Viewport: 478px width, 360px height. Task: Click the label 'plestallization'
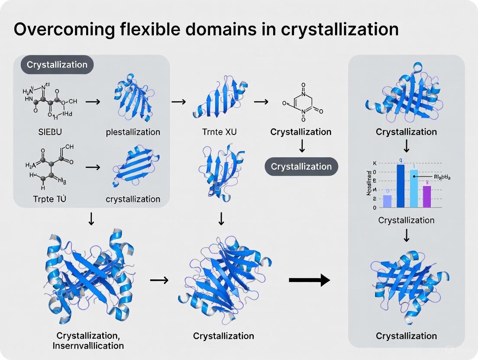click(x=133, y=132)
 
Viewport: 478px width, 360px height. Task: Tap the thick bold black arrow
click(x=309, y=280)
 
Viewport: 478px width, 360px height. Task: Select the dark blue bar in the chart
click(x=400, y=186)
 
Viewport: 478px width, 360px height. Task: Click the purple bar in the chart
click(x=426, y=196)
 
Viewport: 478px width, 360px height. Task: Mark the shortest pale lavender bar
click(x=388, y=201)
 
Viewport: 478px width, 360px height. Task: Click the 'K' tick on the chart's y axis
click(x=375, y=164)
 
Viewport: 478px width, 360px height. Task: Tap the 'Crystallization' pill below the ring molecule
click(x=301, y=166)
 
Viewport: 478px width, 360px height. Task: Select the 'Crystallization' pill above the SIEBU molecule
click(x=57, y=65)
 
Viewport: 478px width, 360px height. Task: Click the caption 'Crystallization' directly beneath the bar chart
click(x=406, y=220)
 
